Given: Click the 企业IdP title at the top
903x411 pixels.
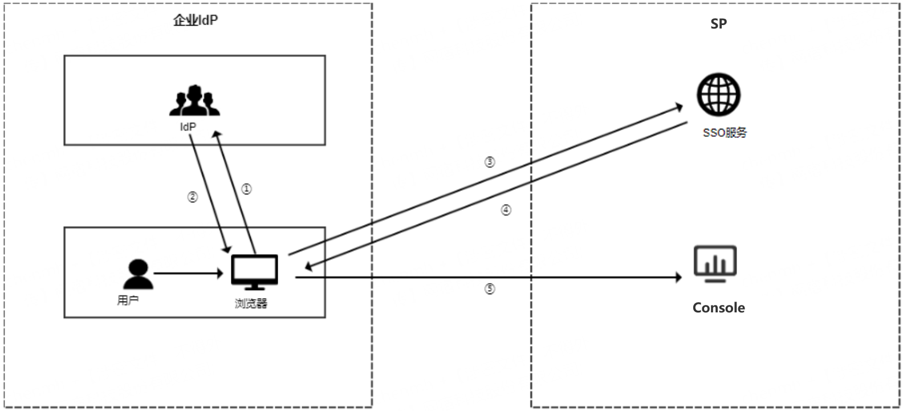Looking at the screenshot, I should (x=196, y=21).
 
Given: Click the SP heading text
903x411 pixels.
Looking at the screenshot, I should (x=718, y=24).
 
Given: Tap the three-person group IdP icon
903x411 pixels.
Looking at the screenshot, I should (x=194, y=101).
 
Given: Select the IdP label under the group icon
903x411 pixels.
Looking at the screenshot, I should (x=188, y=127).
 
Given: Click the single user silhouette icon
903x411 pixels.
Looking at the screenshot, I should (x=138, y=274).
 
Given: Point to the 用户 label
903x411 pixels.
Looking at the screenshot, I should (x=128, y=300).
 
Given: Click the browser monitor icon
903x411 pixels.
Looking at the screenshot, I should (x=254, y=272).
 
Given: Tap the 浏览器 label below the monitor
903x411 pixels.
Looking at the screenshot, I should (x=251, y=303).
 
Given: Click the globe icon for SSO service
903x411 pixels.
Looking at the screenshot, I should (x=718, y=95).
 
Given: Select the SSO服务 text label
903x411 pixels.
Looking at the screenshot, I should (x=725, y=133).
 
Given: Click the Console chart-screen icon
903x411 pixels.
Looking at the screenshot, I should (x=715, y=264).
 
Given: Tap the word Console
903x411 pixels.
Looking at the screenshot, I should (x=718, y=308).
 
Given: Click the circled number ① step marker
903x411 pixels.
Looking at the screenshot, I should (x=246, y=189).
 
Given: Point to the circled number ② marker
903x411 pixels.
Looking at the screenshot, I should (x=193, y=197).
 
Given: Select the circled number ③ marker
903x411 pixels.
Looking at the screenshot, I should (x=490, y=162).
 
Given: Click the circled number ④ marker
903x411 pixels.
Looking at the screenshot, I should (x=506, y=210).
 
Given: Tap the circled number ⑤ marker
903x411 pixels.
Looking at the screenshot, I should (x=490, y=289).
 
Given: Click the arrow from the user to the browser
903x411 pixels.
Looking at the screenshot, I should (x=188, y=274).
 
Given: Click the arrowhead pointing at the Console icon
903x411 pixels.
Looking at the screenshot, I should (x=678, y=278).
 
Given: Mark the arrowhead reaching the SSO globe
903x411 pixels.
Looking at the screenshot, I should (x=679, y=106).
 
